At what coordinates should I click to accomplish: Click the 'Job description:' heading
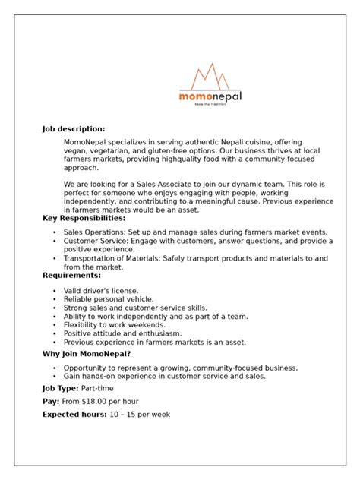click(73, 129)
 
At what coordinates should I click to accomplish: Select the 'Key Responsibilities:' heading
click(84, 219)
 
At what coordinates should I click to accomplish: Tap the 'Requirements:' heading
click(71, 276)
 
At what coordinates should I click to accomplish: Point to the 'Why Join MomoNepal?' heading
click(87, 354)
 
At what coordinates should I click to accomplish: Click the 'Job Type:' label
click(59, 387)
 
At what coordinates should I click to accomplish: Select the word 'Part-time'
click(98, 387)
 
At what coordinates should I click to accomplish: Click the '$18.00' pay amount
click(98, 401)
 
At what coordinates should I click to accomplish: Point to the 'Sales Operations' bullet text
click(93, 232)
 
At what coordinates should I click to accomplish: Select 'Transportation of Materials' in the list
click(113, 258)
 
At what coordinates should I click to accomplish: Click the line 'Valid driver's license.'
click(101, 291)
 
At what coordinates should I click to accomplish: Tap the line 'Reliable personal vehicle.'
click(108, 299)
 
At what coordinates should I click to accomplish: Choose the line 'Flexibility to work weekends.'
click(113, 324)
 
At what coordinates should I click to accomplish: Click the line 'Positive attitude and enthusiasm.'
click(122, 333)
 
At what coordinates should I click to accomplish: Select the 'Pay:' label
click(51, 401)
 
